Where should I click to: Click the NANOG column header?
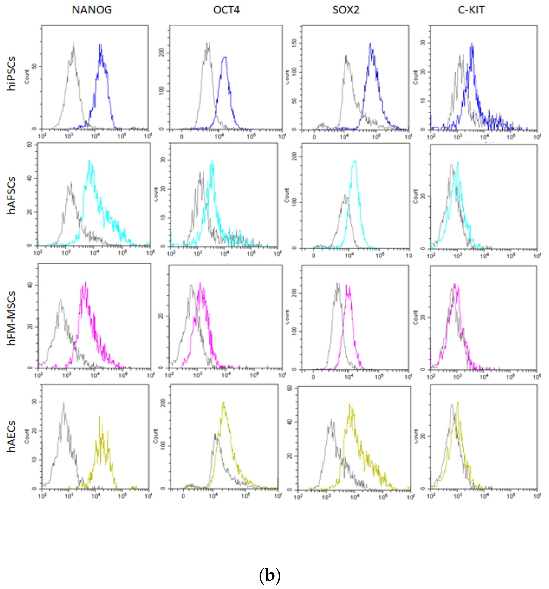(92, 10)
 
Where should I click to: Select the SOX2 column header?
(346, 10)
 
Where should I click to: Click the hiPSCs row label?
(12, 73)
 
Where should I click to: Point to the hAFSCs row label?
(12, 196)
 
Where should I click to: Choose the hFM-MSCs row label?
(12, 318)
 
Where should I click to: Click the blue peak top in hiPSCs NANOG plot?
(101, 45)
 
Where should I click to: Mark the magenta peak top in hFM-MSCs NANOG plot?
(85, 282)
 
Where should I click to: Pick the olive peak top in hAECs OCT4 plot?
(224, 402)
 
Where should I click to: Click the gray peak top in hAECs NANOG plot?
(64, 403)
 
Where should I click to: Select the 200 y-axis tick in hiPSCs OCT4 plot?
(162, 53)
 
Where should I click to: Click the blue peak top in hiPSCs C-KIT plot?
(471, 44)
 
